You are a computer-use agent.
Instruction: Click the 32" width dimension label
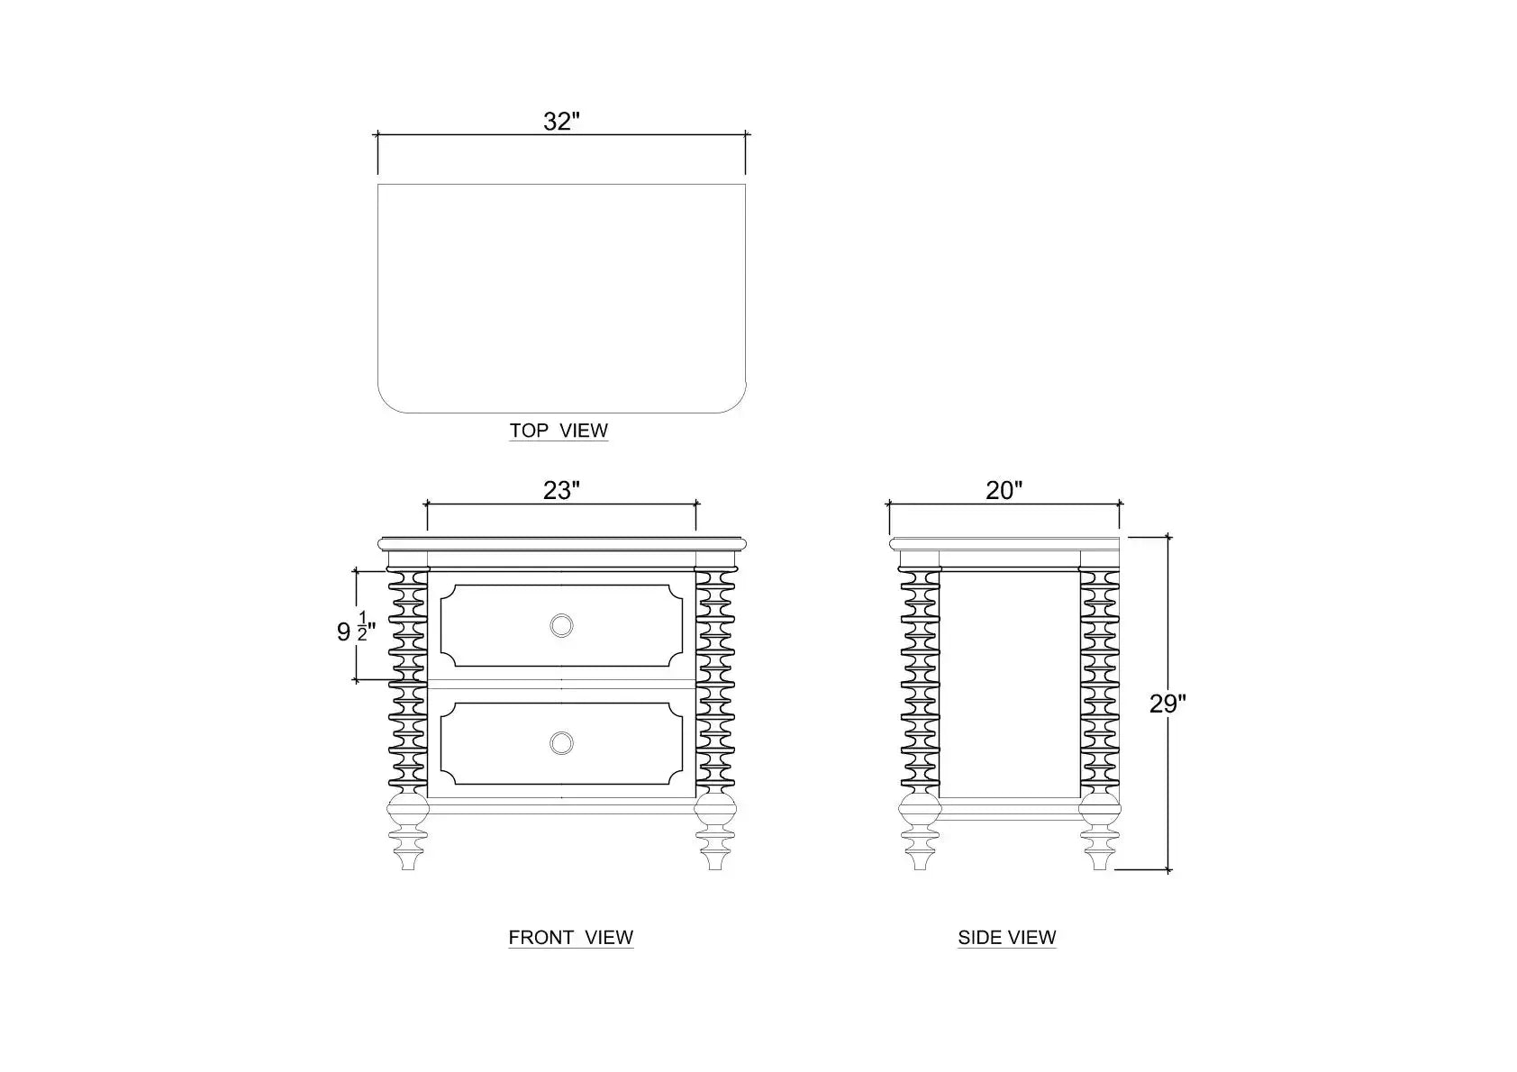click(x=561, y=122)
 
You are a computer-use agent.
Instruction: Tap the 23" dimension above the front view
click(x=561, y=490)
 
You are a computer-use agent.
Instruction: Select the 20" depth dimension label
click(x=1004, y=490)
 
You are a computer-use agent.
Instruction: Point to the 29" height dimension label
click(x=1167, y=704)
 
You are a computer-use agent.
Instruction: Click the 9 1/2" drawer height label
click(x=356, y=628)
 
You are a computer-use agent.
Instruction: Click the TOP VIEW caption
click(x=559, y=431)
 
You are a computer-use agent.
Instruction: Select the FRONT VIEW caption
click(x=571, y=937)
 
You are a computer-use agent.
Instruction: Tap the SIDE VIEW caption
click(x=1007, y=937)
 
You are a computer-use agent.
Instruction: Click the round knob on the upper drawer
click(x=561, y=625)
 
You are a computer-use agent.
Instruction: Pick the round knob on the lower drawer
click(x=561, y=743)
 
